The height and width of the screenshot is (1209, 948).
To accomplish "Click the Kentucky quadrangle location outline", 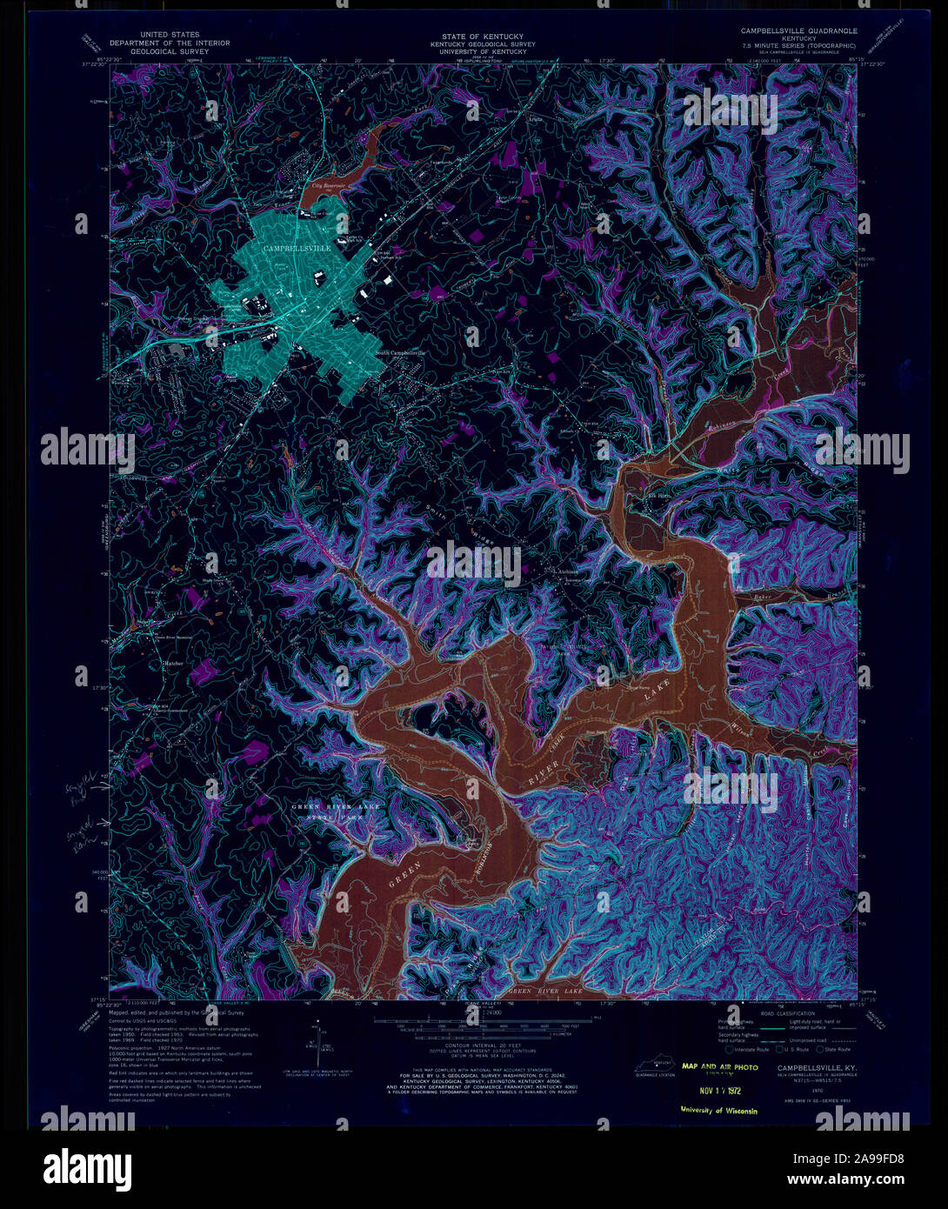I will [658, 1064].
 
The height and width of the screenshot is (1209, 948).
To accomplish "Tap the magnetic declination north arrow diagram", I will [312, 1047].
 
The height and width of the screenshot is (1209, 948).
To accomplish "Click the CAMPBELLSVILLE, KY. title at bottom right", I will [812, 1067].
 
